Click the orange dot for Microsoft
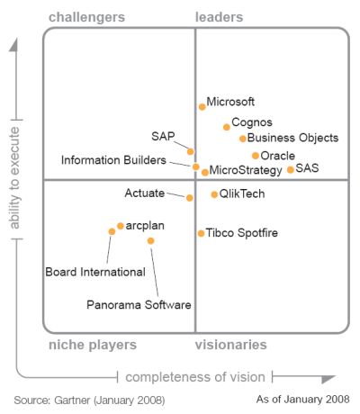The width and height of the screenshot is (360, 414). coord(202,107)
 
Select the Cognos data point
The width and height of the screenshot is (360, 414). coord(227,127)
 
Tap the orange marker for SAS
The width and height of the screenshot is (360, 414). coord(290,170)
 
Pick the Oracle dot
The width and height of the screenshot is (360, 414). coord(256,156)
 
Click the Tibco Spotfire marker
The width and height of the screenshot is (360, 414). coord(201,233)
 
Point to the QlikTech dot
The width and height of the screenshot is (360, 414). coord(214,194)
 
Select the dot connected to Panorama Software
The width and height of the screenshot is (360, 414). coord(150,240)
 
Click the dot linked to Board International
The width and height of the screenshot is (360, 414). coord(112,231)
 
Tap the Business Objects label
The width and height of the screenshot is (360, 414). coord(292,138)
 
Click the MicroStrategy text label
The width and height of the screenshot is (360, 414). coord(246,170)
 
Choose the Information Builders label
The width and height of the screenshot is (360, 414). coord(113,160)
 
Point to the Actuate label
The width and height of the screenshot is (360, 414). coord(145,193)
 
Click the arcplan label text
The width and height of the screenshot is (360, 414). coord(145,226)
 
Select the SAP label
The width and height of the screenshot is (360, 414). coord(163,137)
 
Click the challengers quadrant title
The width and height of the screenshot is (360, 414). coord(86,17)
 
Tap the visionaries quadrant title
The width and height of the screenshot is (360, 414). coord(230,345)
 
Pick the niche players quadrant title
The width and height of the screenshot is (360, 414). coord(93,345)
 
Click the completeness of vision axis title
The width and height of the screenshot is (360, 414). coord(195,377)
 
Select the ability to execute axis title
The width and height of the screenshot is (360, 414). coord(14,178)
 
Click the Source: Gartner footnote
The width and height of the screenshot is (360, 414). coord(89,400)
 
